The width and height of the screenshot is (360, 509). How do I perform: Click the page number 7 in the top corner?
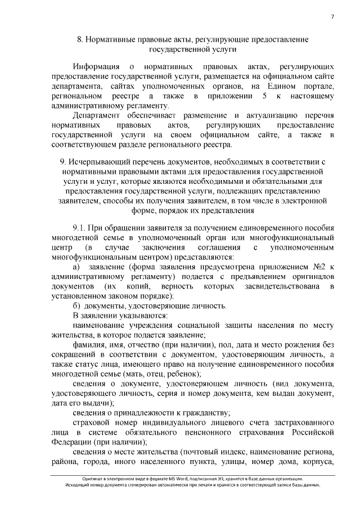333,16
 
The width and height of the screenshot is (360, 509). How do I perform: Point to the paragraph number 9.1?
80,228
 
